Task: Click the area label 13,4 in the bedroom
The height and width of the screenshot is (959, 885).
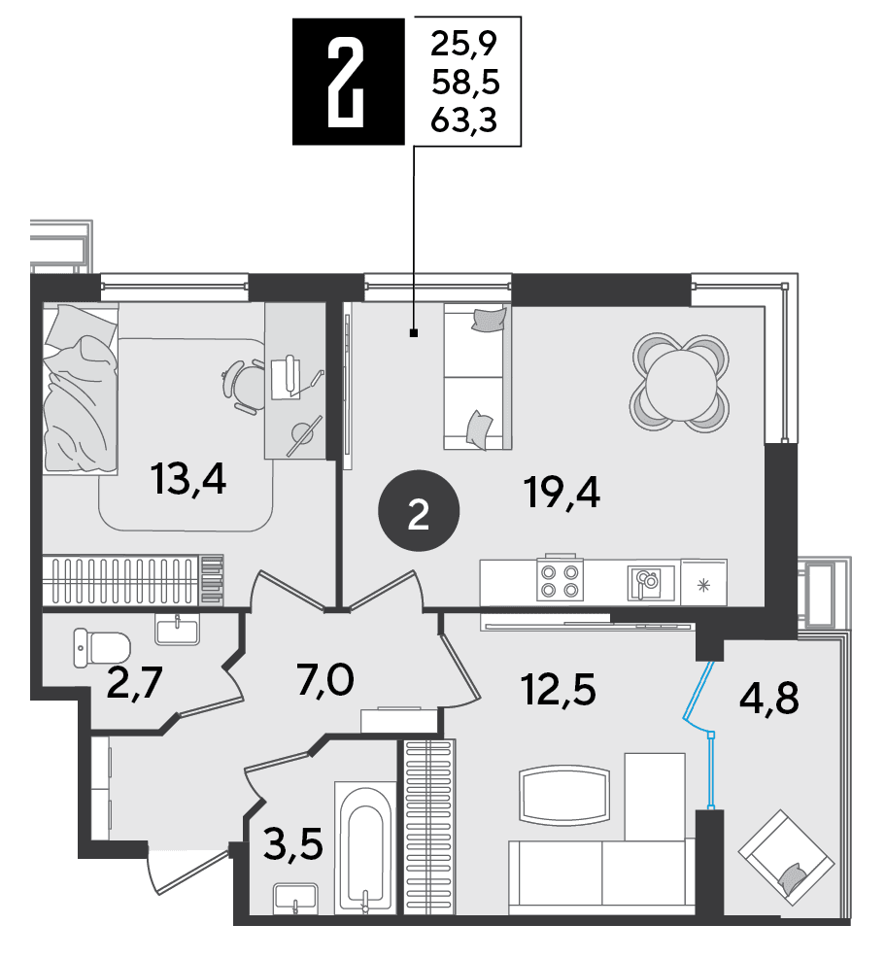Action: point(189,479)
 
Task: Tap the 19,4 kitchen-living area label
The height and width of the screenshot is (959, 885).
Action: point(562,493)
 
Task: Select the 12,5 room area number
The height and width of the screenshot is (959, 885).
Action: point(558,691)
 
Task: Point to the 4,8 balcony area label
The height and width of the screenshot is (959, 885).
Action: point(768,698)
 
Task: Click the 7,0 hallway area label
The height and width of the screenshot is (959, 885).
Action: point(325,680)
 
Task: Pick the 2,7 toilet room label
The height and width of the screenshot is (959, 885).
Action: point(134,682)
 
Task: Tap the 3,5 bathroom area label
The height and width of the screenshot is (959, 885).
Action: point(293,845)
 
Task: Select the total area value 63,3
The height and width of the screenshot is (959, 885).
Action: point(464,120)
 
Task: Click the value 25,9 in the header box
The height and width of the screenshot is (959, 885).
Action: point(464,44)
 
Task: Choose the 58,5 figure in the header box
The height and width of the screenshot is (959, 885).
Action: point(465,82)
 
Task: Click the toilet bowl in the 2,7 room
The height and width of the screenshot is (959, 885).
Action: point(102,647)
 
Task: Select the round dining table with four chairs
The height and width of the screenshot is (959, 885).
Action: point(680,382)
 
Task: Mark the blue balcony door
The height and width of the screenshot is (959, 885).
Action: point(702,734)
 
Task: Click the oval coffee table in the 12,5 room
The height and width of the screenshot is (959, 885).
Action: point(563,795)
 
